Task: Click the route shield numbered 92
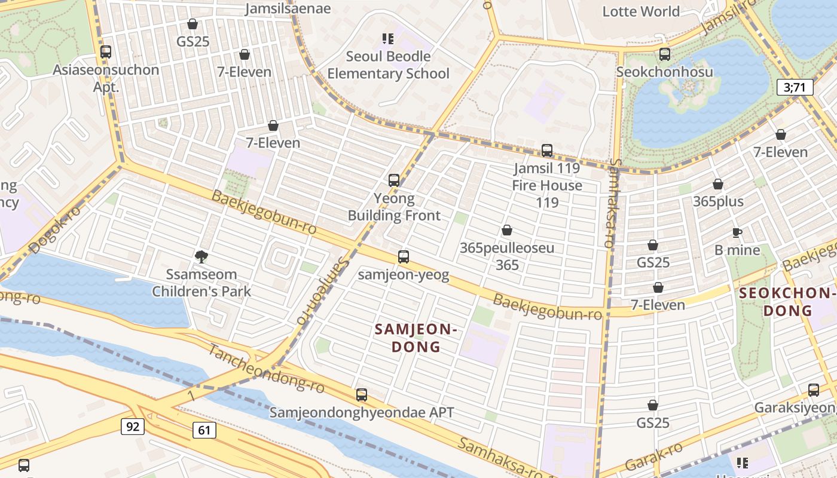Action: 132,427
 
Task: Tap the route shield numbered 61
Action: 204,430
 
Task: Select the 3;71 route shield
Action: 795,87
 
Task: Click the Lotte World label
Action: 641,11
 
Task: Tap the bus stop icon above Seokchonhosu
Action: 665,54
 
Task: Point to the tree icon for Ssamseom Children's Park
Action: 201,257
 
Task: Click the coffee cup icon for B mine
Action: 737,232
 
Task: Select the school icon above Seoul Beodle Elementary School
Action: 388,39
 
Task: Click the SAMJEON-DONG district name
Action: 416,338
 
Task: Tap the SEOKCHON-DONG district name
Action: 786,302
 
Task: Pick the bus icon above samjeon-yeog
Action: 404,257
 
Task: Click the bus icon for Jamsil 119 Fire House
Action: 547,151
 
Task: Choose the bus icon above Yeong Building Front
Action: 394,180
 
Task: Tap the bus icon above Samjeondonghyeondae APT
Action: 362,395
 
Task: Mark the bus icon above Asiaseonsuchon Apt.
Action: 106,52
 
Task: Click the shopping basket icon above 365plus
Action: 718,184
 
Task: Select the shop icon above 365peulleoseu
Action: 507,230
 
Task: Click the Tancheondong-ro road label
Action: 266,369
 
